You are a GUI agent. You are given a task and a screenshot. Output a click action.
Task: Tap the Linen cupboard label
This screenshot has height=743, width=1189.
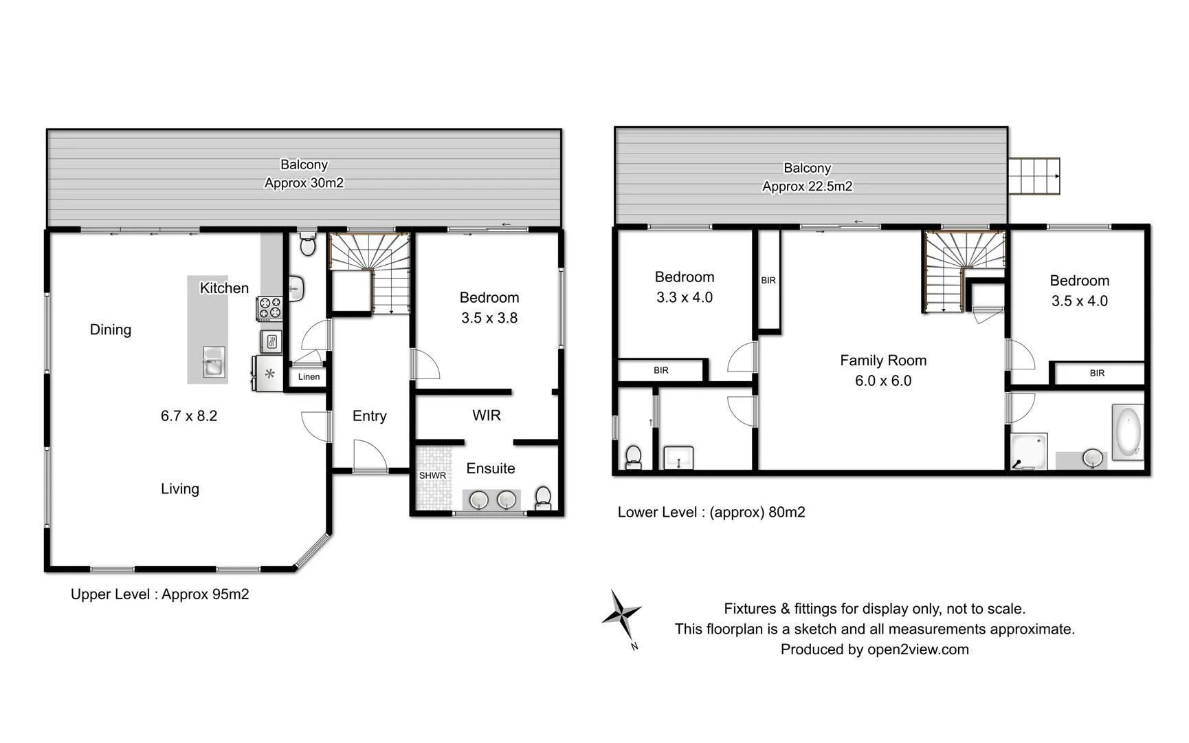click(x=309, y=377)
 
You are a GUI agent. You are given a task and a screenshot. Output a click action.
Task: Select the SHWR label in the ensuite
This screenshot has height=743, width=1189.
click(x=432, y=475)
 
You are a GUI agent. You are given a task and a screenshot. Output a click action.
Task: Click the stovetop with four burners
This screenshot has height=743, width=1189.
click(x=269, y=308)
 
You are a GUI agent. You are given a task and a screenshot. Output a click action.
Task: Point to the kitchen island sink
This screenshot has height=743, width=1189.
click(x=214, y=363)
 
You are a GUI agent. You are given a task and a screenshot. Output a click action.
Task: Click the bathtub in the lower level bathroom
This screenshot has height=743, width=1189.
click(x=1127, y=433)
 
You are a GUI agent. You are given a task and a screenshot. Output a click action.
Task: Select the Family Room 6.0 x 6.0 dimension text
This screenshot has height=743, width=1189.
click(x=883, y=381)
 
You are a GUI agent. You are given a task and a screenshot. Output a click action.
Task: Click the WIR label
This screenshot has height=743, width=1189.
click(x=487, y=416)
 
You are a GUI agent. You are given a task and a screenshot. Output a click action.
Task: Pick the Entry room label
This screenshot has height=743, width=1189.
click(x=369, y=416)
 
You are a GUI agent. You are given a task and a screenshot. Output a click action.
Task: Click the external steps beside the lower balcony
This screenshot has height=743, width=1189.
click(x=1034, y=176)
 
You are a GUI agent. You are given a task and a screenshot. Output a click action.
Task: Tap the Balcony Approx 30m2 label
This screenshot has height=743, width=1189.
click(x=304, y=174)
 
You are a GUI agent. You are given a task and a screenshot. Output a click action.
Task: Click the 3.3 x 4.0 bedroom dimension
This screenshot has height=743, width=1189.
click(x=685, y=298)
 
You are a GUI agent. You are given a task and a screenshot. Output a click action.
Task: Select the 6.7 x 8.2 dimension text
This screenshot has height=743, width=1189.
click(x=189, y=416)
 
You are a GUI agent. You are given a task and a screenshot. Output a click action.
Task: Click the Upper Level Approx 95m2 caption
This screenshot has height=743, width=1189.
click(x=159, y=594)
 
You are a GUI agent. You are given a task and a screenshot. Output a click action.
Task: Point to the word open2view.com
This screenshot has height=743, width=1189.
click(x=918, y=649)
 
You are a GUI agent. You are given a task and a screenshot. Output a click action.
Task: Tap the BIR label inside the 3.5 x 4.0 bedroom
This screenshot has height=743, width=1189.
click(x=1097, y=374)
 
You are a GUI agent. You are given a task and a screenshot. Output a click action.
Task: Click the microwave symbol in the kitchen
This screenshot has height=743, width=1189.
click(x=271, y=341)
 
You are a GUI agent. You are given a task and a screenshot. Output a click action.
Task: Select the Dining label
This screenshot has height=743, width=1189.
click(x=111, y=330)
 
